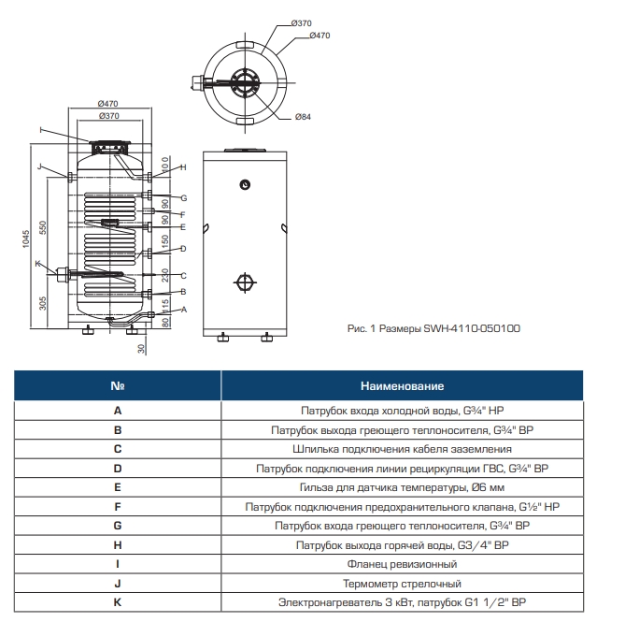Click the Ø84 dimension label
coord(303,117)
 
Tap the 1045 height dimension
coord(26,239)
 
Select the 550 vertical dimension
coord(43,228)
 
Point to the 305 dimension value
coord(43,303)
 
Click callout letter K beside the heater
coord(38,264)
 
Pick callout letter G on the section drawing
coord(184,198)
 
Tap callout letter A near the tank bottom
coord(184,310)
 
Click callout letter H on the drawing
coord(183,167)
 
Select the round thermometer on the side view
coord(245,184)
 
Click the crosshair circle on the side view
coord(245,282)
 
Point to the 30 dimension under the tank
coord(141,349)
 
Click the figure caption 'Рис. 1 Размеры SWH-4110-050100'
coord(433,328)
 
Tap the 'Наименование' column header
coord(402,385)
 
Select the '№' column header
coord(118,385)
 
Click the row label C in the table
coord(118,449)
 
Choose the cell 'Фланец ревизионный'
coord(402,564)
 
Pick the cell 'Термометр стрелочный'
coord(402,584)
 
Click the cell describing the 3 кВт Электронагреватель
coord(402,602)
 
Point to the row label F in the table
coord(118,507)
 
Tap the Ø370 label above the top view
coord(302,23)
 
